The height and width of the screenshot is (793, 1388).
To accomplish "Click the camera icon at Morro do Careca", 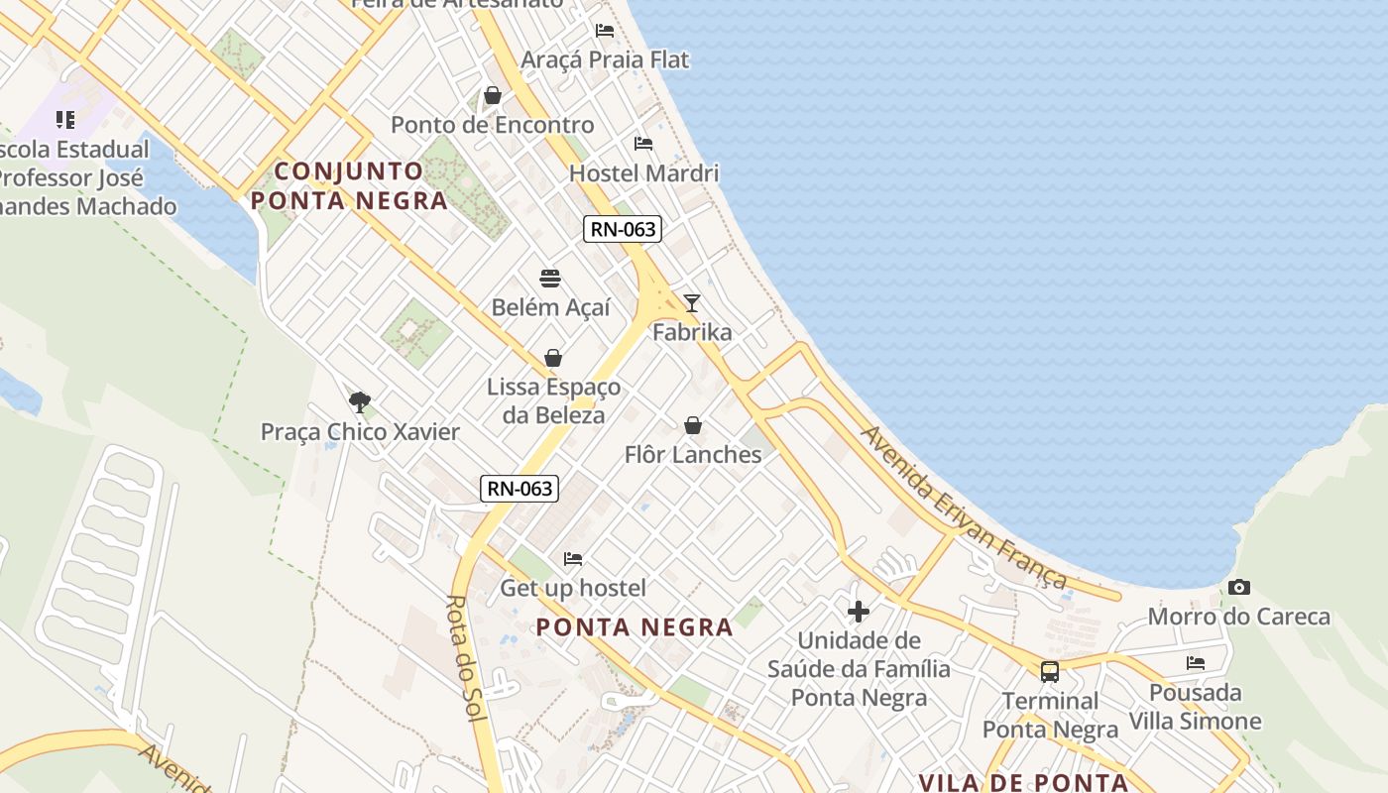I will [1238, 588].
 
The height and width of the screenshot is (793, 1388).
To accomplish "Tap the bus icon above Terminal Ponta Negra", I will [1050, 672].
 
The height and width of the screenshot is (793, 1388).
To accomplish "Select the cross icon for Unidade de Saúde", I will [859, 612].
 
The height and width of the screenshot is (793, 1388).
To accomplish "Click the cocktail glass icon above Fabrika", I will [692, 303].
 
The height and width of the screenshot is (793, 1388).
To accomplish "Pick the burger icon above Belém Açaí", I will [550, 279].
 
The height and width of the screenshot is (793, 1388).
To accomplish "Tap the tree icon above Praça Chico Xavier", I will [360, 401].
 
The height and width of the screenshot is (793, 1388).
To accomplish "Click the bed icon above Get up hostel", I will [573, 559].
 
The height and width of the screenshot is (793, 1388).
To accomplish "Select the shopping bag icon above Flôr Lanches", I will [693, 426].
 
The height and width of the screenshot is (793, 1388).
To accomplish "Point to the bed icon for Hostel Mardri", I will [643, 144].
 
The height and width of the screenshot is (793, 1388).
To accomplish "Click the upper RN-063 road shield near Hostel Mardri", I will [623, 229].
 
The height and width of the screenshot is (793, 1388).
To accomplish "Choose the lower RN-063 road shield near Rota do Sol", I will [520, 488].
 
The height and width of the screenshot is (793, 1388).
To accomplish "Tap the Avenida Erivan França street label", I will [964, 509].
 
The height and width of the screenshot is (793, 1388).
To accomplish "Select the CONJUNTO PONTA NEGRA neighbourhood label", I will [349, 185].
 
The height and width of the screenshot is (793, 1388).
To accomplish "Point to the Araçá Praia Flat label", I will [605, 59].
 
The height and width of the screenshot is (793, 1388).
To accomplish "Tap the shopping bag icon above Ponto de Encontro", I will [493, 96].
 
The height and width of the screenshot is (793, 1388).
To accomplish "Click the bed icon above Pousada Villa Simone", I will [1196, 663].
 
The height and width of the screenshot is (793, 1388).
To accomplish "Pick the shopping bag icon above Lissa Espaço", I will [553, 358].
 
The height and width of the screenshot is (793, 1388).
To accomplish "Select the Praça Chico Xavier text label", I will [361, 432].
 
